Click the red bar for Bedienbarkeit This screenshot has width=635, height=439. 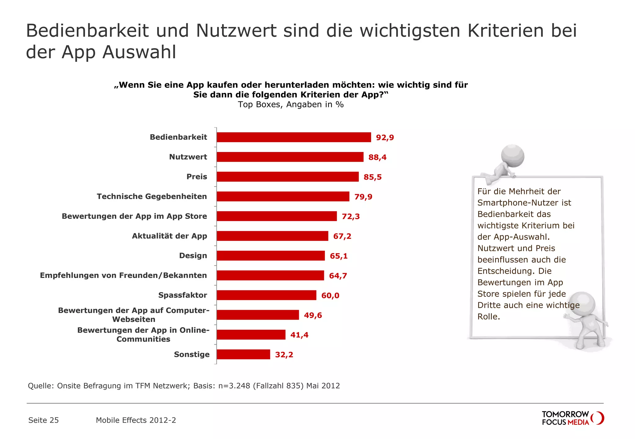tap(294, 137)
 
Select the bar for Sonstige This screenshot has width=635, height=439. tap(243, 354)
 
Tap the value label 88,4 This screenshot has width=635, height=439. tap(377, 157)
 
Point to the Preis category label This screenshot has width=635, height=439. tap(197, 177)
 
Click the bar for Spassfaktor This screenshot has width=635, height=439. tap(266, 295)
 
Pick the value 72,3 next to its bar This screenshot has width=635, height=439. tap(351, 216)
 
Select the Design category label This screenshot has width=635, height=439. tap(193, 256)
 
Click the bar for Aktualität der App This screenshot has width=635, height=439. tap(272, 236)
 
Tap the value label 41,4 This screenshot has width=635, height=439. tap(299, 335)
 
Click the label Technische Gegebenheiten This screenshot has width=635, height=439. tap(152, 197)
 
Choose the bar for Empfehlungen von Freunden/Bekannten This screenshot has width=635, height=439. tap(270, 276)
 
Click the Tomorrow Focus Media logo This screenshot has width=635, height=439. tap(572, 418)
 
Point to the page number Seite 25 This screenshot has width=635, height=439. tap(43, 420)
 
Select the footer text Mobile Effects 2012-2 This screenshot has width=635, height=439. tap(136, 420)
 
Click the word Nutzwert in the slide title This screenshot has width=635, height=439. tap(236, 31)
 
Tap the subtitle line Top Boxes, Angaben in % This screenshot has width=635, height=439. tap(291, 105)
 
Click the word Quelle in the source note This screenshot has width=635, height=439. tap(40, 386)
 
